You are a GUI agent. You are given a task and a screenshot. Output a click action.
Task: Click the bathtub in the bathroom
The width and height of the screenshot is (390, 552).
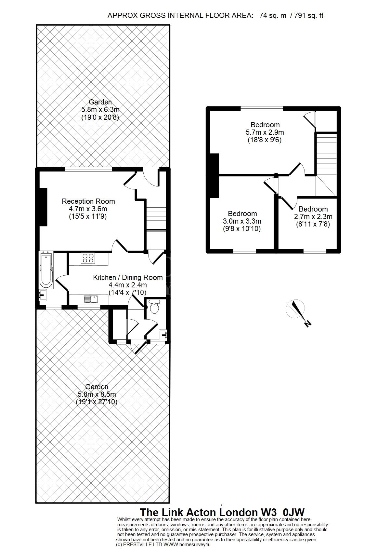click(46, 270)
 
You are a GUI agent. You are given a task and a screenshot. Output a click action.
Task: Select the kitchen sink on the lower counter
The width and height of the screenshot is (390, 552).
click(91, 299)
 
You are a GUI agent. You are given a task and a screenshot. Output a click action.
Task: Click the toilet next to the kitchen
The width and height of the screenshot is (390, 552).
click(154, 307)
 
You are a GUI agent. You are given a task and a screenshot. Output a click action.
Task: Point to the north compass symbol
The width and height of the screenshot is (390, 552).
click(297, 312)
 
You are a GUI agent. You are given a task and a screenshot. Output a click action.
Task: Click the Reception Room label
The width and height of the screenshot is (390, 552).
click(88, 201)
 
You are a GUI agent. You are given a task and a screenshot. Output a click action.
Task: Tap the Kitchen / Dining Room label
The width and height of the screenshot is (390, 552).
click(128, 278)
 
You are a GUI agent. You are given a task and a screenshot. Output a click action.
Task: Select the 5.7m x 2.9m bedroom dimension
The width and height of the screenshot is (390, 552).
click(265, 132)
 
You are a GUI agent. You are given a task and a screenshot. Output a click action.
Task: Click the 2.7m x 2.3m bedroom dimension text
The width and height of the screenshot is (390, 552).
click(313, 217)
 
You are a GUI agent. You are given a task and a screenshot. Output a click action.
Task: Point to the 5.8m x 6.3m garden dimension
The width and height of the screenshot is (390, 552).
click(100, 110)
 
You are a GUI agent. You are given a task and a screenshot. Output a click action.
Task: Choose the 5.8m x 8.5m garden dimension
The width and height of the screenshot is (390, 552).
click(97, 394)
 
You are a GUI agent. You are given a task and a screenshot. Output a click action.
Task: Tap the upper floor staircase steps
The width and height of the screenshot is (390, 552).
click(326, 153)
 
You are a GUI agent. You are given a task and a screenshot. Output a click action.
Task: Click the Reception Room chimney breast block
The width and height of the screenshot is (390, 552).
click(43, 207)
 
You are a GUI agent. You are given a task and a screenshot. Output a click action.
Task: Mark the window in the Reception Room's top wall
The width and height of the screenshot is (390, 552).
click(88, 169)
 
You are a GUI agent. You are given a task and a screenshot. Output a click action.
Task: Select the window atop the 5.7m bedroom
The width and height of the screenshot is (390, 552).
click(262, 108)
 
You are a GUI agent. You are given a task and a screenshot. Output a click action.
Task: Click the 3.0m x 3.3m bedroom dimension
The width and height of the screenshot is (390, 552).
click(242, 221)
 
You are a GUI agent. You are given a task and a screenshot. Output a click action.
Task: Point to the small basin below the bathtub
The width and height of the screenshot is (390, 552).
click(43, 295)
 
